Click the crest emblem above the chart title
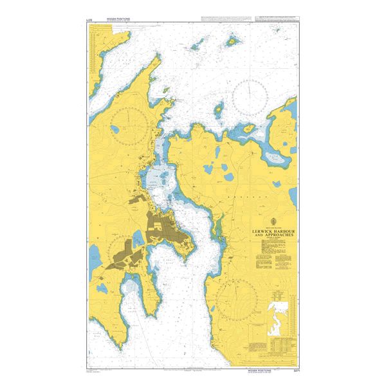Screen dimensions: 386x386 (260, 221)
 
